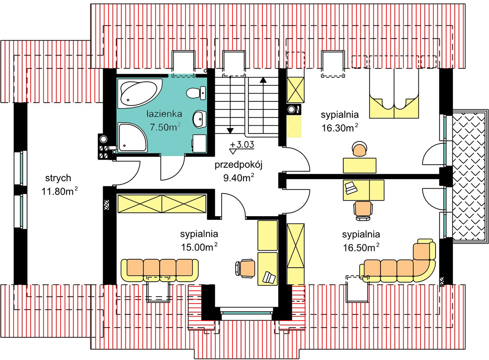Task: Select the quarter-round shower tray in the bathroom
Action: [x=131, y=137]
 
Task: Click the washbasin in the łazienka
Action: [x=199, y=119]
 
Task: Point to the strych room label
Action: [x=58, y=178]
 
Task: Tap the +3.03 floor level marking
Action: [x=242, y=144]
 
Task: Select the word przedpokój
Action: [x=238, y=165]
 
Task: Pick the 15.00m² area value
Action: [x=199, y=247]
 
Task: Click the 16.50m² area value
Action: [x=361, y=247]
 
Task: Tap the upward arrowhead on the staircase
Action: [x=263, y=80]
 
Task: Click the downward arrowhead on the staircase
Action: [x=230, y=131]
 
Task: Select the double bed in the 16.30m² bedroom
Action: [x=394, y=93]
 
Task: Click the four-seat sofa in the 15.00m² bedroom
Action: [x=159, y=270]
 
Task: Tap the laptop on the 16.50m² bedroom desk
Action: [x=351, y=188]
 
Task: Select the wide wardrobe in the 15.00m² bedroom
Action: [x=162, y=204]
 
